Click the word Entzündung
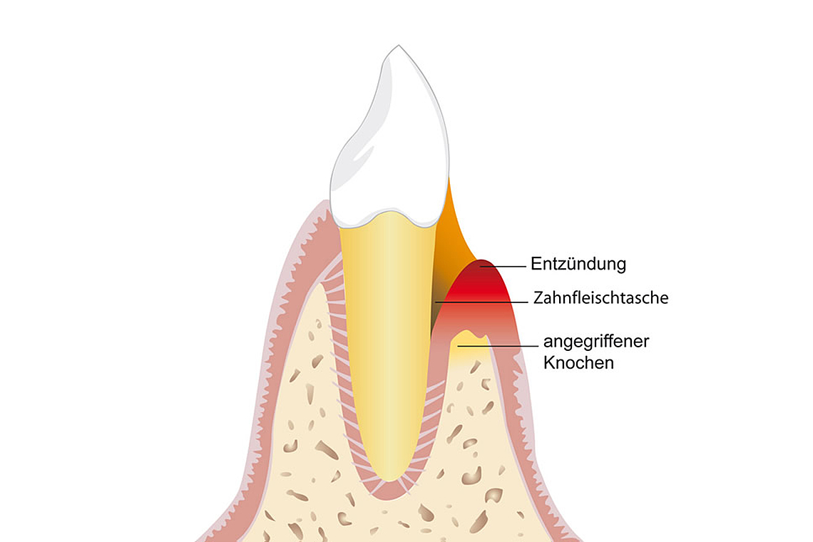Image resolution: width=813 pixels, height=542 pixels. (578, 264)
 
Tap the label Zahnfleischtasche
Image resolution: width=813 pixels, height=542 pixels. (601, 297)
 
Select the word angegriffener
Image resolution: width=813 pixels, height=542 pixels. (596, 342)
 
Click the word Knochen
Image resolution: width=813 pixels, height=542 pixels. (578, 362)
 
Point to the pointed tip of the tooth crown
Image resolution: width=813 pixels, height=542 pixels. (398, 46)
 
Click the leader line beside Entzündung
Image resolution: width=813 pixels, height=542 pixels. (503, 266)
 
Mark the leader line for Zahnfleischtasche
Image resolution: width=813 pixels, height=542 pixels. (481, 302)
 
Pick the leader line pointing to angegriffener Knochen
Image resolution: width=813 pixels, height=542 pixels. (498, 345)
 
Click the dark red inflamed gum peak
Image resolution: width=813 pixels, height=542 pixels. (482, 269)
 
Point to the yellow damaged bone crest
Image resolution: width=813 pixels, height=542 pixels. (469, 345)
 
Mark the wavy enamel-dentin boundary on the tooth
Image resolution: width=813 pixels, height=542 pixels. (388, 218)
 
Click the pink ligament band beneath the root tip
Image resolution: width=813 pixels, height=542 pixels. (389, 492)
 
